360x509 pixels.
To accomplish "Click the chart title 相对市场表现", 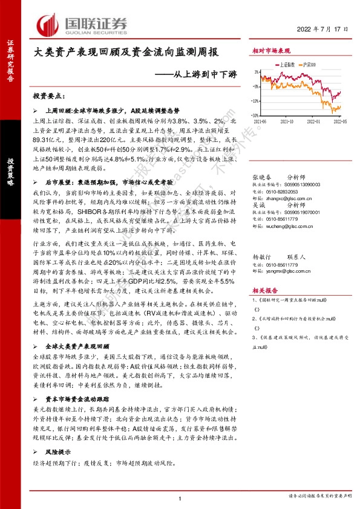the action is tap(271, 53).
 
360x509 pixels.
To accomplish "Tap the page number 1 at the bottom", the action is tap(180, 497).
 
